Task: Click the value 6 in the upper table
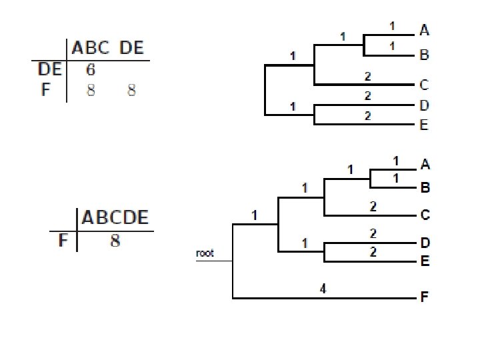(91, 69)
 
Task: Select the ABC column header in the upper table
(91, 48)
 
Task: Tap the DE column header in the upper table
(131, 48)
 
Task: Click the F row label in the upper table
(45, 89)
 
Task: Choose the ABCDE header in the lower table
(115, 218)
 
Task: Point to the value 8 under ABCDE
(115, 240)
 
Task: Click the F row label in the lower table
(63, 240)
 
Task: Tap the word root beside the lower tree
(205, 253)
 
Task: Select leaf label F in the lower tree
(425, 297)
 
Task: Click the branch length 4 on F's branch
(323, 289)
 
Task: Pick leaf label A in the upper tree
(425, 29)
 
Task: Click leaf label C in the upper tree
(425, 85)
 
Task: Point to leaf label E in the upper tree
(425, 125)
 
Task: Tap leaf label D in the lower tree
(425, 244)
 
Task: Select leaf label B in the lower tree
(425, 188)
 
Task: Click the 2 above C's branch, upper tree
(367, 77)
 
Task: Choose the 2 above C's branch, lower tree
(373, 207)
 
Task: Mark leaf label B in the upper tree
(425, 55)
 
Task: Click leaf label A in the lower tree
(425, 164)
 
